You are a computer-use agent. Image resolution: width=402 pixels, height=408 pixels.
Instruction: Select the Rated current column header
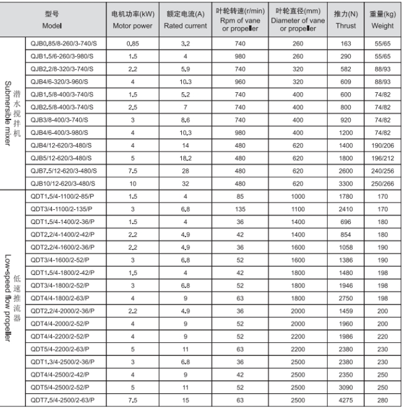(x=185, y=20)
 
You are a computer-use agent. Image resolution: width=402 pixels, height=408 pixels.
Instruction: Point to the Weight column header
(x=382, y=20)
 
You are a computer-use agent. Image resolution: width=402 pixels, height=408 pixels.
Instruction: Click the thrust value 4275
(x=345, y=401)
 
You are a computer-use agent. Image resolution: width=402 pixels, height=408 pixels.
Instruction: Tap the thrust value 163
(x=345, y=44)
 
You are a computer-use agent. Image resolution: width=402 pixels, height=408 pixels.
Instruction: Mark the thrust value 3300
(x=345, y=184)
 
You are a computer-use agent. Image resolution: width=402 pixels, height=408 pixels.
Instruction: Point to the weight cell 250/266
(x=382, y=184)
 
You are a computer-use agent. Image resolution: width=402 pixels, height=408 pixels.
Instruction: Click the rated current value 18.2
(x=185, y=158)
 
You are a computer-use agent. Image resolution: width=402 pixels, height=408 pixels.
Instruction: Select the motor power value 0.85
(x=132, y=44)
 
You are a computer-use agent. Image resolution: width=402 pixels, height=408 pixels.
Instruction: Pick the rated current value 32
(x=185, y=184)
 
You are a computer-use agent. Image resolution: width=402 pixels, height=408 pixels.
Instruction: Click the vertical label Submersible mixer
(x=9, y=115)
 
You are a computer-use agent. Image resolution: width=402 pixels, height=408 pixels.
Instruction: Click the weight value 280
(x=382, y=401)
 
